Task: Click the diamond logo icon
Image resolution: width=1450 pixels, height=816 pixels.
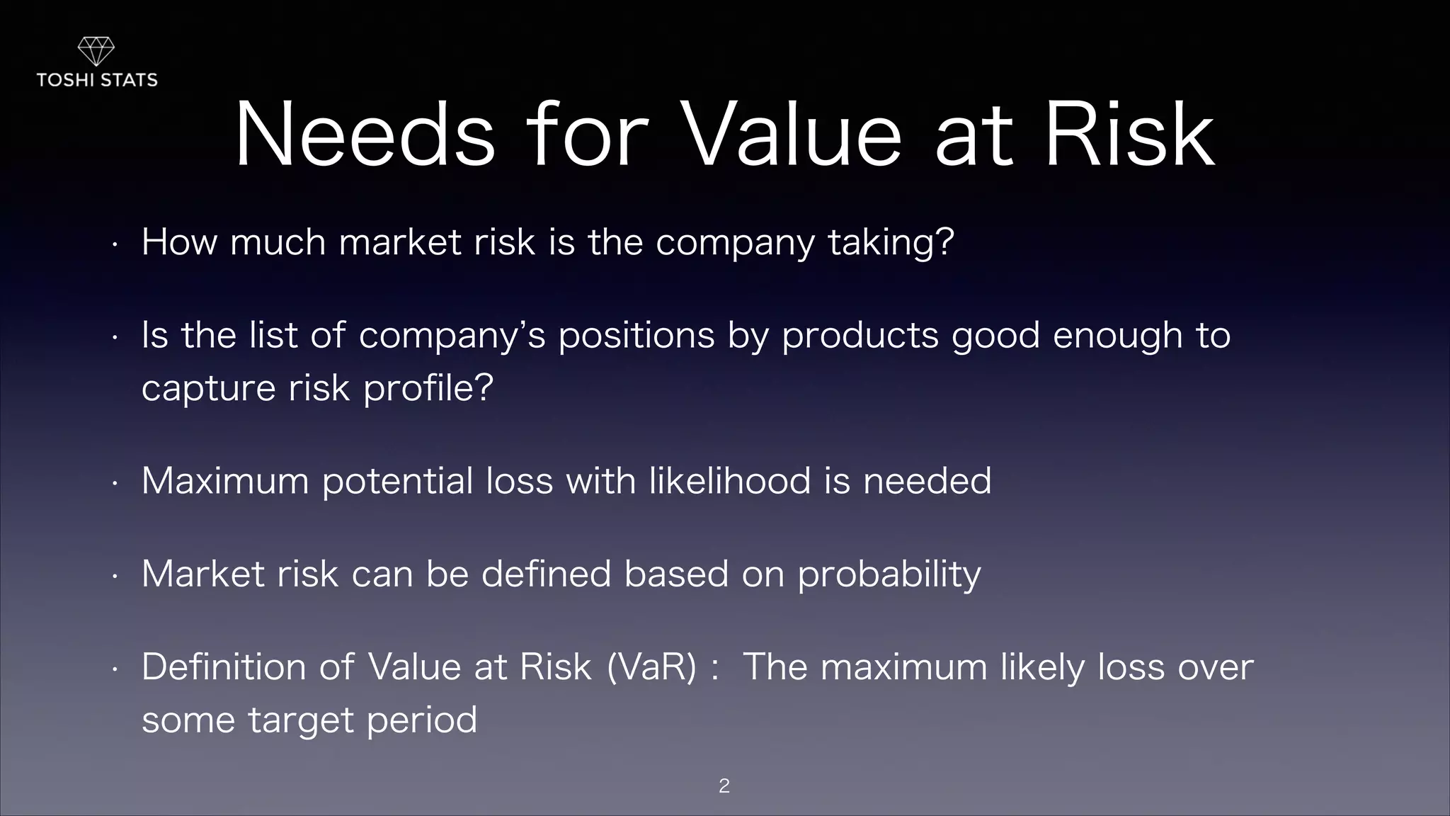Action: click(x=96, y=52)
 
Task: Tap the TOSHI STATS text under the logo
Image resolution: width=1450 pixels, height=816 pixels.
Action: click(x=97, y=80)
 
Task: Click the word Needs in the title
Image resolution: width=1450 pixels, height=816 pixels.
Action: click(x=365, y=135)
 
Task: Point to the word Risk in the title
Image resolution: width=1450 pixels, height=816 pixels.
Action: click(x=1129, y=135)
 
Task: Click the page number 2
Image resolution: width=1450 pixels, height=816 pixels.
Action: click(x=724, y=786)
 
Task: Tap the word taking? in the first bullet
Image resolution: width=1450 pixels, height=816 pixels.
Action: click(x=891, y=243)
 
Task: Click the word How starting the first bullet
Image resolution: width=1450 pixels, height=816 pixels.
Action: click(x=179, y=242)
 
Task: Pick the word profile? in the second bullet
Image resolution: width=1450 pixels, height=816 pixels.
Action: click(x=428, y=389)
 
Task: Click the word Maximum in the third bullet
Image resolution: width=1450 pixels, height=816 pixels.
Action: click(x=225, y=481)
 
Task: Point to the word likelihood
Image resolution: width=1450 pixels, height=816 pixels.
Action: click(x=730, y=481)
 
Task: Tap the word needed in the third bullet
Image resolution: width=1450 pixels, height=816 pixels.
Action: click(x=927, y=481)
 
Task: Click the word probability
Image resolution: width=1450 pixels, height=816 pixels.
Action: click(x=889, y=575)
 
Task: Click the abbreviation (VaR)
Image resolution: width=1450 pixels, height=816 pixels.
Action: click(x=651, y=667)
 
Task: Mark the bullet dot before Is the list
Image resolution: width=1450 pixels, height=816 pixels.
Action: click(x=113, y=339)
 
